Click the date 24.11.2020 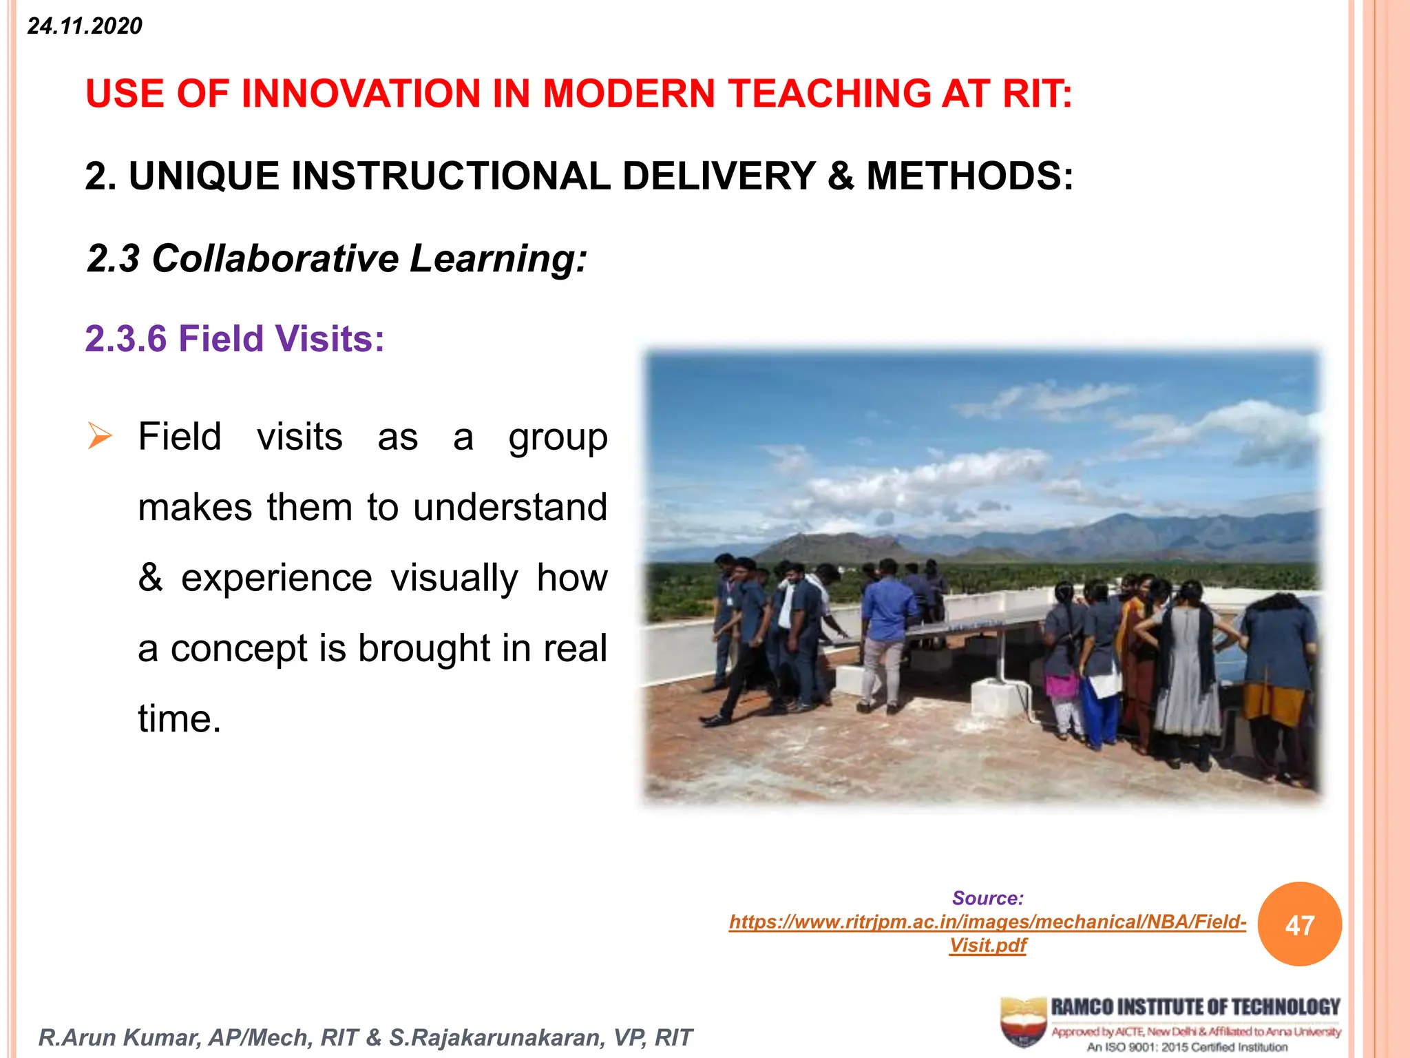coord(85,26)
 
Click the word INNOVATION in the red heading coord(361,94)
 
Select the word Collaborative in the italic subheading coord(275,259)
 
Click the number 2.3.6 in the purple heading coord(126,339)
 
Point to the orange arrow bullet coord(99,437)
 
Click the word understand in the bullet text coord(510,508)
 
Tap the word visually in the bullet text coord(454,578)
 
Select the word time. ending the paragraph coord(180,719)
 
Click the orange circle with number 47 coord(1299,924)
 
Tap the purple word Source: coord(987,898)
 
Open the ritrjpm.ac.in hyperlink coord(987,922)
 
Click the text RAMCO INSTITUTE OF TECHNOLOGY coord(1195,1007)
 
